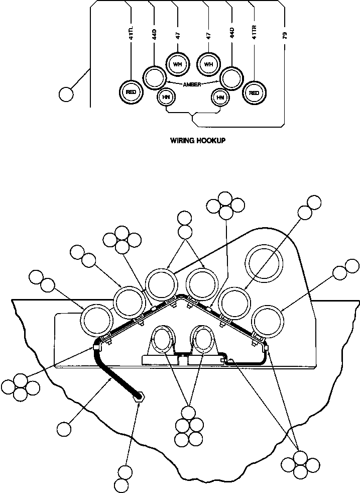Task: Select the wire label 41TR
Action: tap(255, 37)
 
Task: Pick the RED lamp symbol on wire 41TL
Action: tap(131, 92)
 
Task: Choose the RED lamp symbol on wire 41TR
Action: tap(254, 92)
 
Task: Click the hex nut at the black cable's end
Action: tap(139, 397)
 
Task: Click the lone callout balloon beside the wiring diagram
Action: tap(66, 94)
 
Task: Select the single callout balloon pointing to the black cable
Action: tap(64, 429)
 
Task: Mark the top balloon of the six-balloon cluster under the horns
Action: tap(188, 413)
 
